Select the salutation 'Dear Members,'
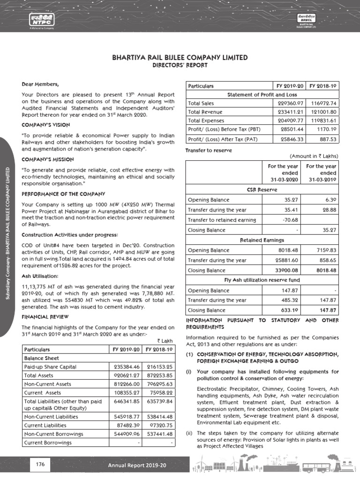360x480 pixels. coord(41,84)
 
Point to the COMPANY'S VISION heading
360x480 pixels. coord(46,125)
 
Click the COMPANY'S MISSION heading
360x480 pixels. coord(47,159)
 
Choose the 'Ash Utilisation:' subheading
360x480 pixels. coord(40,276)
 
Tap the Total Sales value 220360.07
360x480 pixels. coord(292,103)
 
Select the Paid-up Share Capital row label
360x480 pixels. coord(50,367)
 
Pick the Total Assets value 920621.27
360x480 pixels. coord(124,376)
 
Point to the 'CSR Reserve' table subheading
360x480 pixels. coord(262,189)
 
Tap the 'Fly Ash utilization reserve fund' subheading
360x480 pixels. coord(262,280)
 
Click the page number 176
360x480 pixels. coord(40,465)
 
